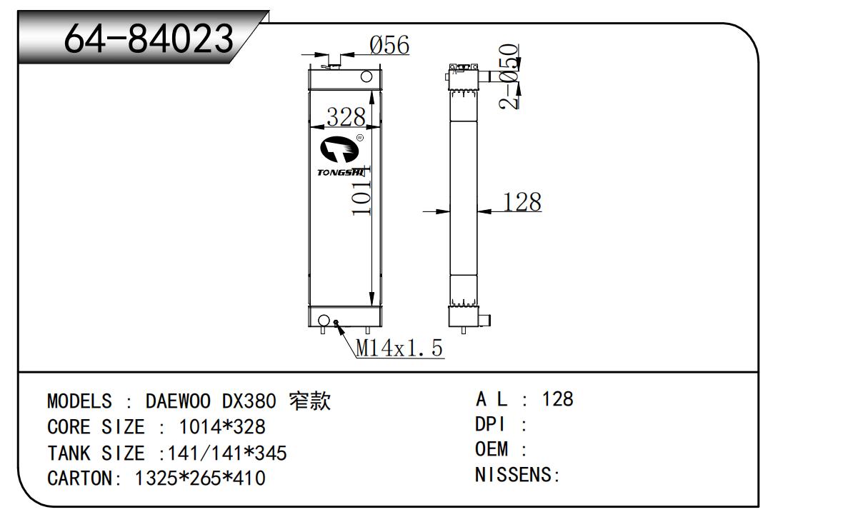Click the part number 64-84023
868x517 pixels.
[x=149, y=39]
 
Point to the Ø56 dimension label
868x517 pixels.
[x=389, y=46]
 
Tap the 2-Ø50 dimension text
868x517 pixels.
[x=509, y=76]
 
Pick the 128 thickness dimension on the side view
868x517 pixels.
[x=522, y=203]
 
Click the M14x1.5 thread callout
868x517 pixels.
[x=400, y=348]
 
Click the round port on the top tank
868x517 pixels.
[x=366, y=76]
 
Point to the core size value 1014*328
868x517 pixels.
[x=221, y=427]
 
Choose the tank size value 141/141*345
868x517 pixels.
[x=226, y=453]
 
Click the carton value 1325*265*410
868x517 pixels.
[x=200, y=478]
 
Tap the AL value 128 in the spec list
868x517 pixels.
[x=558, y=399]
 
